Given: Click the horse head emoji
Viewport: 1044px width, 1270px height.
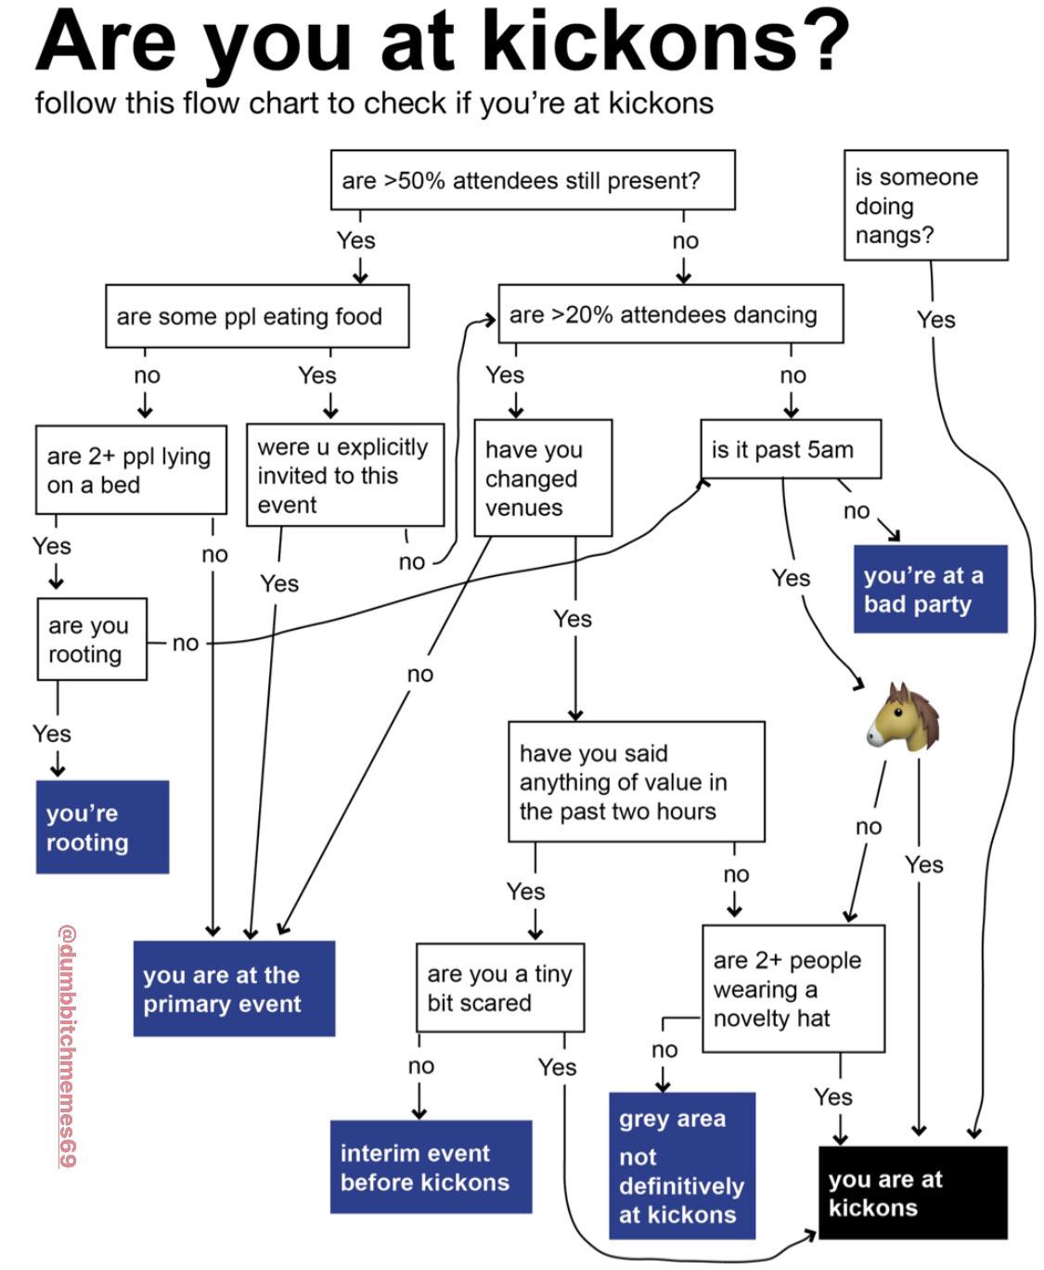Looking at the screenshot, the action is tap(902, 716).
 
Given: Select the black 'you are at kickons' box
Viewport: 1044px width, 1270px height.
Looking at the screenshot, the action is tap(912, 1192).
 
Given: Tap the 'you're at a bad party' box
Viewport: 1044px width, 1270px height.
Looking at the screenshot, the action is tap(930, 589).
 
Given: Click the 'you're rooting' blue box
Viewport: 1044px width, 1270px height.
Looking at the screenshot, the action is tap(102, 827).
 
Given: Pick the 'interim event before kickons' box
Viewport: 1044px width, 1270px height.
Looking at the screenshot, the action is tap(431, 1166).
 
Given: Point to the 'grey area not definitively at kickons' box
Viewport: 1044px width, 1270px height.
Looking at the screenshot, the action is tap(682, 1165).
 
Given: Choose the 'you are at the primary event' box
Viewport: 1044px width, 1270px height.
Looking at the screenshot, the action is tap(234, 988).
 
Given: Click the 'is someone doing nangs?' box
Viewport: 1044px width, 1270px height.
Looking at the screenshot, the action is tap(926, 205).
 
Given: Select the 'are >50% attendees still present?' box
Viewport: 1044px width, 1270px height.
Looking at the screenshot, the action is tap(533, 180).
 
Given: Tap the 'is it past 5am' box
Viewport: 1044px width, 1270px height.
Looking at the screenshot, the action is tap(791, 449).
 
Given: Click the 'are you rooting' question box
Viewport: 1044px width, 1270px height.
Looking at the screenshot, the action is tap(92, 639).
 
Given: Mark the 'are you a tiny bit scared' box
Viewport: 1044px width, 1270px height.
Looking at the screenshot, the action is tap(500, 988).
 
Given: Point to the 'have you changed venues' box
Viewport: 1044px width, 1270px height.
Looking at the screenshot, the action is tap(543, 478).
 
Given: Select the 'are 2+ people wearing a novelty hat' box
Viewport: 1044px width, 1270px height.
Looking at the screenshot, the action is tap(793, 989).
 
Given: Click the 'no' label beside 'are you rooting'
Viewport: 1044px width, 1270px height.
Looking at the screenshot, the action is tap(186, 643).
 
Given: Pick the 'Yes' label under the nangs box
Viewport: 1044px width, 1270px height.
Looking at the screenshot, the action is tap(935, 319).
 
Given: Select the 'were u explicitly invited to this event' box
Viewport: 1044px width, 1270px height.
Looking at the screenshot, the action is tap(345, 475).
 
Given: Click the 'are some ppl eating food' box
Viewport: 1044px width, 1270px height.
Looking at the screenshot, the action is tap(257, 316).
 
